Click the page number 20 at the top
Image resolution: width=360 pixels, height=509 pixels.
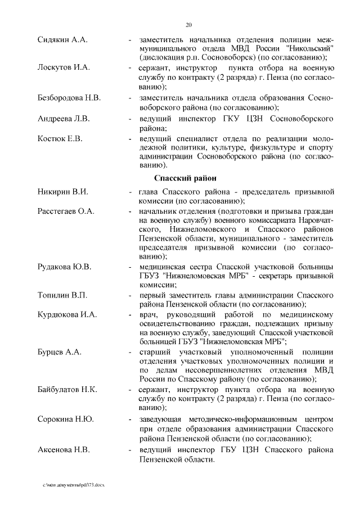coord(188,24)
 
